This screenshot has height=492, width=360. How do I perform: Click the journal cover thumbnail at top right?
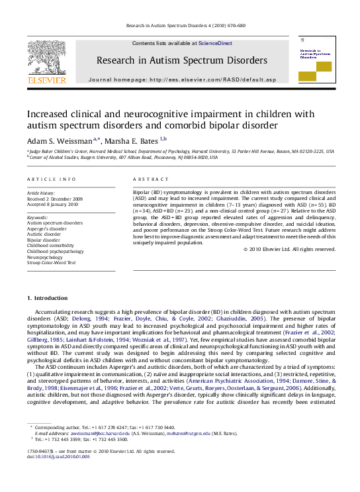(316, 60)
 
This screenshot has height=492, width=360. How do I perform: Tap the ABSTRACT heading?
(148, 180)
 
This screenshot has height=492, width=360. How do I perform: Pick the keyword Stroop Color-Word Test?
(51, 262)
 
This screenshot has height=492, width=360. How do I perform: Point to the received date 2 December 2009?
(64, 198)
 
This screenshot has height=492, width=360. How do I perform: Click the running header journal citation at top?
(180, 26)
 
